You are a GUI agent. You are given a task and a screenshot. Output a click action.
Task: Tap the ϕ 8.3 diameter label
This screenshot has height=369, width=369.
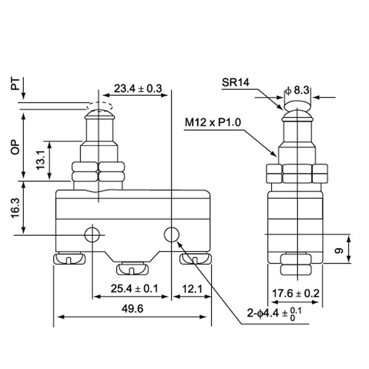298,90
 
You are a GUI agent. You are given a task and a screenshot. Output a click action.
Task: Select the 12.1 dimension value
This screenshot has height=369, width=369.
191,289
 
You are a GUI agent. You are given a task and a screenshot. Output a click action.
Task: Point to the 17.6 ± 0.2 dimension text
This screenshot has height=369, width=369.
295,293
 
